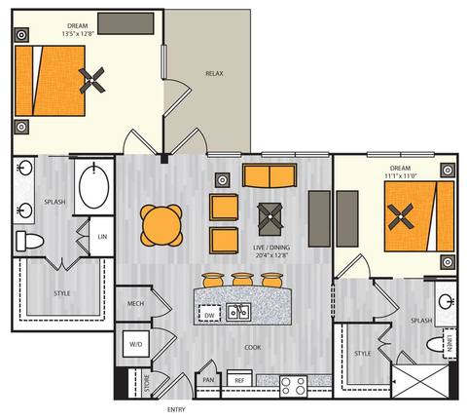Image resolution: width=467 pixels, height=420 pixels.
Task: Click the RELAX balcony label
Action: pyautogui.click(x=216, y=74)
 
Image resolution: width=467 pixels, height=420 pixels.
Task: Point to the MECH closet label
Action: pyautogui.click(x=136, y=304)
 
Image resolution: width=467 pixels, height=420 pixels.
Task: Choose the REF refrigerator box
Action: pyautogui.click(x=239, y=380)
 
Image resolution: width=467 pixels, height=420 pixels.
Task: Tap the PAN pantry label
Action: pyautogui.click(x=208, y=380)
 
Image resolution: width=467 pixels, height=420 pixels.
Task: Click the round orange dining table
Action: pyautogui.click(x=161, y=225)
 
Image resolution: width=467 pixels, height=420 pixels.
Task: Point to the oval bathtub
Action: pyautogui.click(x=94, y=187)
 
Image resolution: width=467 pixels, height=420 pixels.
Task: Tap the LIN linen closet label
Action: pyautogui.click(x=102, y=238)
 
